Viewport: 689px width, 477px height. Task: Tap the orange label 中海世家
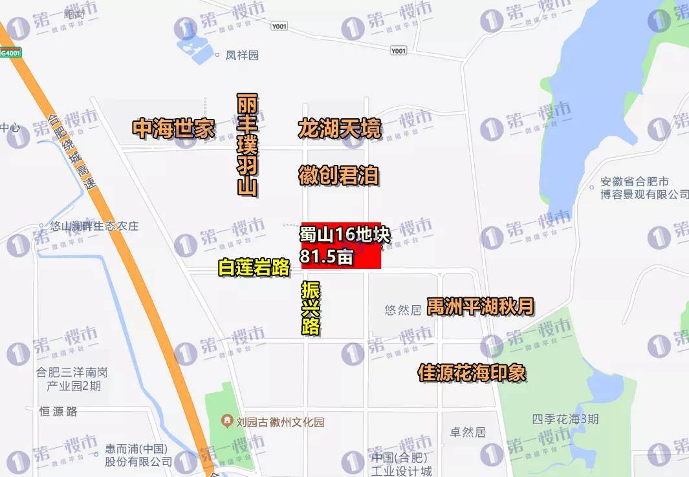click(x=173, y=129)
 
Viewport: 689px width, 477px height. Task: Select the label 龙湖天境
click(x=340, y=129)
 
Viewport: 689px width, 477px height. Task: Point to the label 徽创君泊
click(x=338, y=175)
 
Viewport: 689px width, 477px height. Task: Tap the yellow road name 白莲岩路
click(x=254, y=268)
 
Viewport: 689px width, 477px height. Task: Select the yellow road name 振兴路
click(x=311, y=308)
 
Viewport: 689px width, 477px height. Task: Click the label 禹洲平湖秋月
click(x=481, y=306)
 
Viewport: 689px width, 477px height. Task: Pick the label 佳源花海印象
click(x=472, y=373)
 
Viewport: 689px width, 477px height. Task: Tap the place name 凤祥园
click(x=242, y=56)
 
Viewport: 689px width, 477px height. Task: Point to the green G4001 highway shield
click(x=10, y=53)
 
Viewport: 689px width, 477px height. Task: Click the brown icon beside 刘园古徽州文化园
click(x=227, y=422)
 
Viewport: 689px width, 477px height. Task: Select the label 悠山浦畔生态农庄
click(x=94, y=227)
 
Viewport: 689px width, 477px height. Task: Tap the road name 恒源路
click(x=58, y=411)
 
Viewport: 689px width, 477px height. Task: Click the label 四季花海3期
click(x=565, y=419)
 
